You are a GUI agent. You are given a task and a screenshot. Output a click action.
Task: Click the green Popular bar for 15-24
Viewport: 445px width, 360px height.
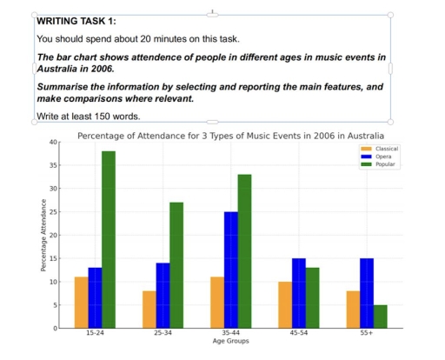point(109,239)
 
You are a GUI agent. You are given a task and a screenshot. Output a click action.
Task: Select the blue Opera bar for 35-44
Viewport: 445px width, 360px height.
point(230,270)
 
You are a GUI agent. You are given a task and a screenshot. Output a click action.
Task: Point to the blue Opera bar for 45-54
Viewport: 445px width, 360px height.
point(299,293)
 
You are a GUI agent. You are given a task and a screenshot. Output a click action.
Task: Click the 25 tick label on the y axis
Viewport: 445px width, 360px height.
point(53,211)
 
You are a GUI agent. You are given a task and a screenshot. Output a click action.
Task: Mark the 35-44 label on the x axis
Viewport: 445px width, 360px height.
point(230,334)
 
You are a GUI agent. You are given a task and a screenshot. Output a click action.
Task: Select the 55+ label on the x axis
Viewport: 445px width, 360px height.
point(367,334)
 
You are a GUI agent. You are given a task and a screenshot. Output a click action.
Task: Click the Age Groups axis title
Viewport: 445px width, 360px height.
point(230,342)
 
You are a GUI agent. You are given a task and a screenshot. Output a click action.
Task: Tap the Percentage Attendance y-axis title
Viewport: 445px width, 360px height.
point(43,235)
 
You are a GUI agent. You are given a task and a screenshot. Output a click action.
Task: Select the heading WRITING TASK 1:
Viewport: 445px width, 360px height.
point(76,21)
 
